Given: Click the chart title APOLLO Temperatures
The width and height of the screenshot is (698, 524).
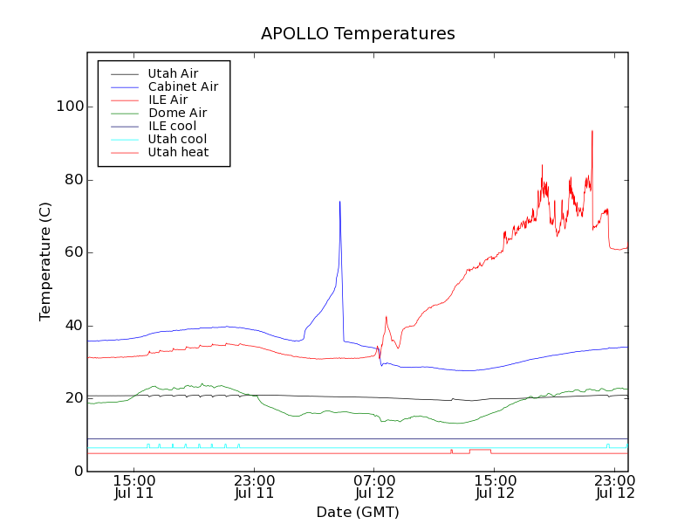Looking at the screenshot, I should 358,34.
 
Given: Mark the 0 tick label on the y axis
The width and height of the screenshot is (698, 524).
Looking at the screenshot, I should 78,472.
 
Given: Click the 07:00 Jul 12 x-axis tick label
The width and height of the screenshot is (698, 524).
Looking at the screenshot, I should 374,486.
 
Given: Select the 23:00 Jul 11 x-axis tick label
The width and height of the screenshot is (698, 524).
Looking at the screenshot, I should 254,486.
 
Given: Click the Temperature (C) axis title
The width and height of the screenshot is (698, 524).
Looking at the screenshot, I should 45,261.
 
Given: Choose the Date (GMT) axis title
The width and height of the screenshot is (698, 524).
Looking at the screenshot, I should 358,512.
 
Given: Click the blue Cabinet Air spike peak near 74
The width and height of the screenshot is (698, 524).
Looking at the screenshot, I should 339,202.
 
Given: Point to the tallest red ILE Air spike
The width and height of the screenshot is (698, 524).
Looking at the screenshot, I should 592,132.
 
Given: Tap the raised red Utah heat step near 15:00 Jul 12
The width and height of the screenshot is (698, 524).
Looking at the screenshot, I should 480,450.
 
